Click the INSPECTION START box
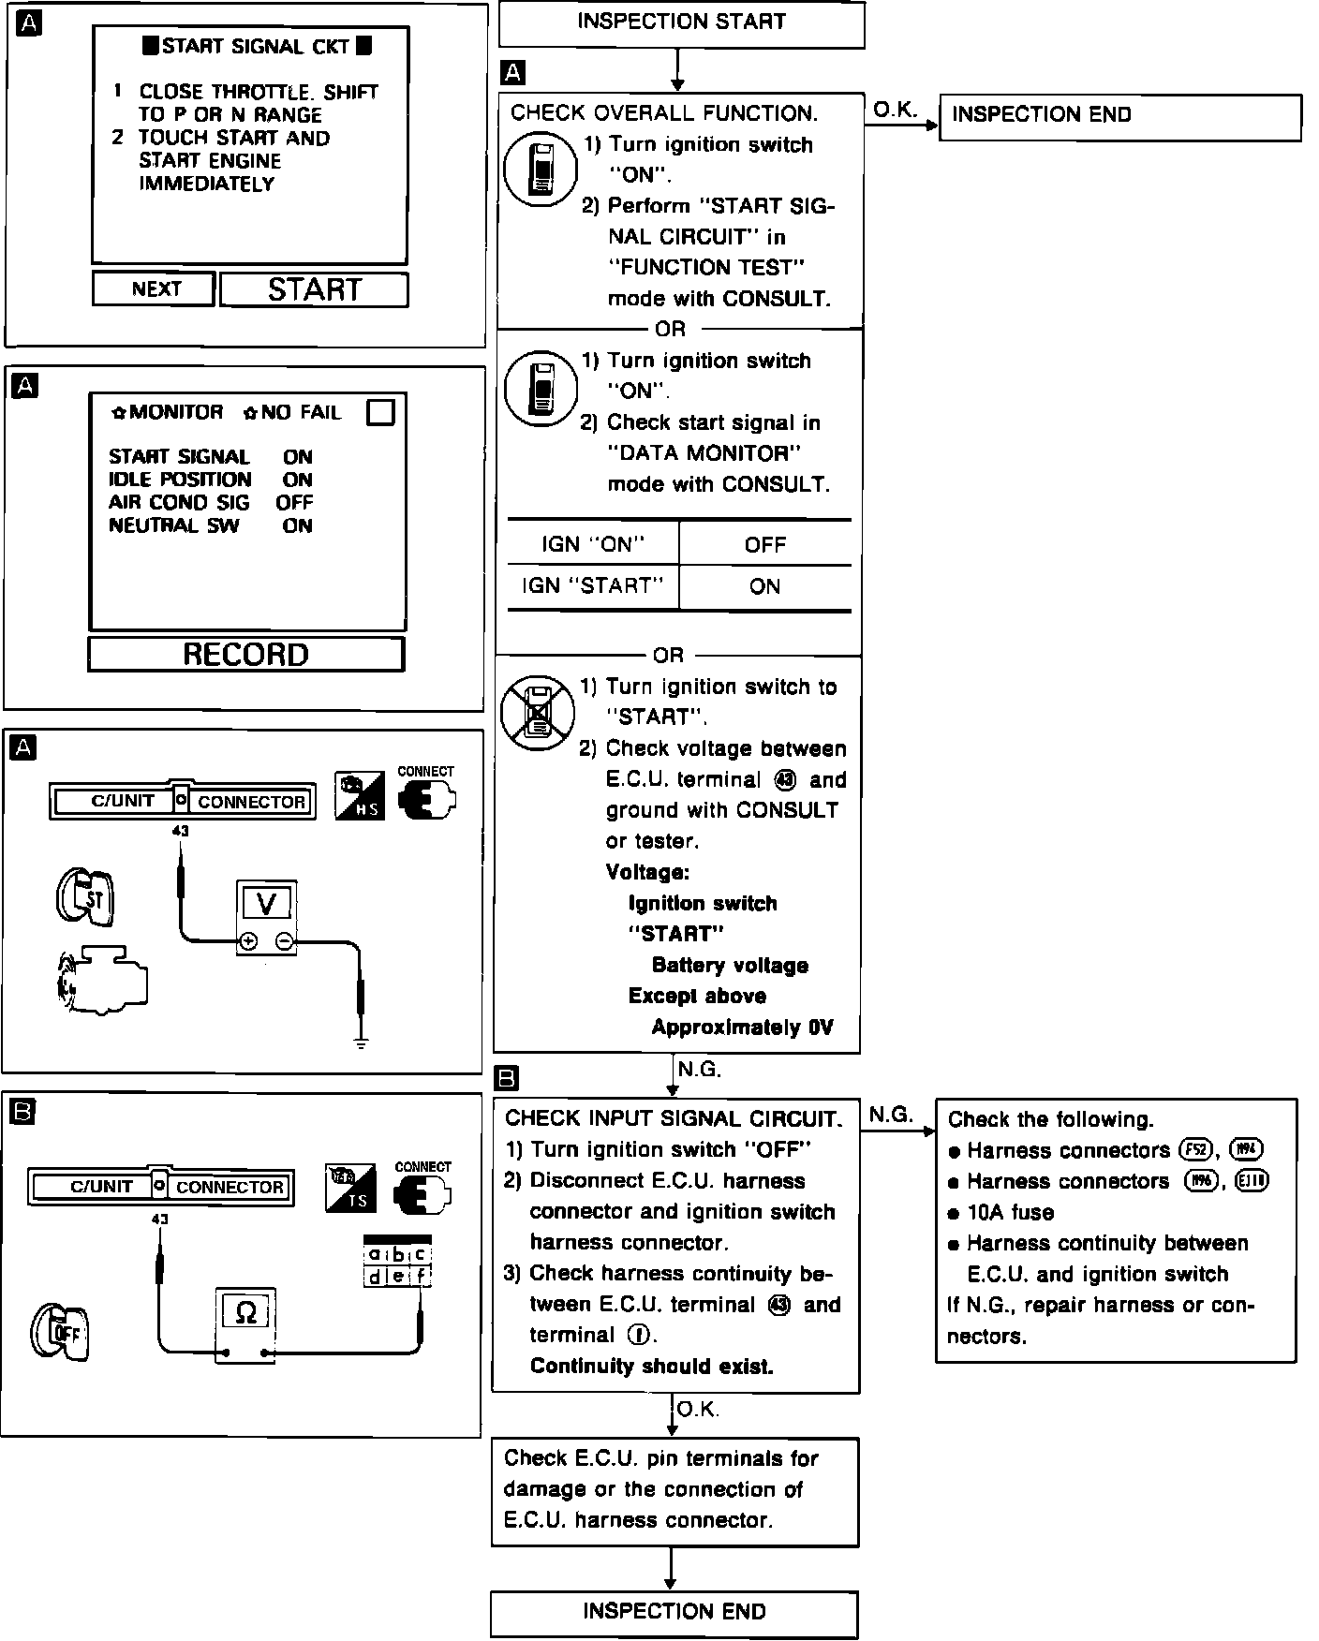tap(681, 23)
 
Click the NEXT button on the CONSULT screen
tap(155, 288)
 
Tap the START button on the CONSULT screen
tap(315, 289)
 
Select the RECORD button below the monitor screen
tap(245, 654)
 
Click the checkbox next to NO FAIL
tap(380, 412)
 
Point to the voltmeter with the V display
tap(267, 917)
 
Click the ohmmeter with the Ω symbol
tap(245, 1324)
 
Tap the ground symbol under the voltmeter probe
tap(361, 1042)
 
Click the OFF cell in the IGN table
tap(764, 544)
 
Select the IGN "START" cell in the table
tap(592, 586)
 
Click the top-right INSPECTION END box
tap(1119, 116)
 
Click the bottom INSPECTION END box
tap(674, 1611)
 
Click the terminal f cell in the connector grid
tap(422, 1275)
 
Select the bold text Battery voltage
tap(730, 965)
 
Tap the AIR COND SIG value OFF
tap(294, 502)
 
